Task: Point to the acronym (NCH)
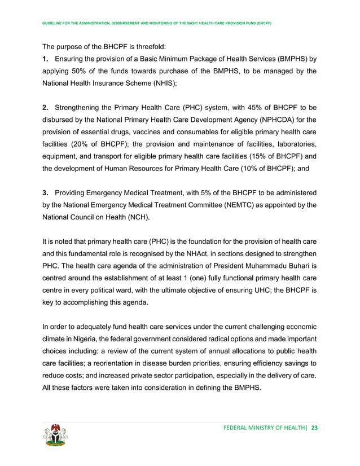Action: pyautogui.click(x=140, y=219)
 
